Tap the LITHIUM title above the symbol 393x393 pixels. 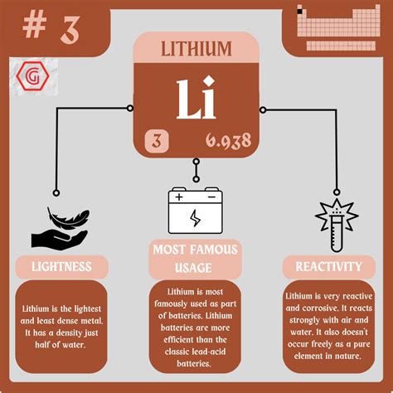pos(196,49)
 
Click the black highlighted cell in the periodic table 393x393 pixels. pos(301,12)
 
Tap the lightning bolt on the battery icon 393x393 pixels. pos(196,219)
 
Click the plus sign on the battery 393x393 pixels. pos(180,198)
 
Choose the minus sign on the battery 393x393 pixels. pos(211,198)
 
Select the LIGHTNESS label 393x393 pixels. pos(61,266)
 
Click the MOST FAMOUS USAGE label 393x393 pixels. pos(196,259)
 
